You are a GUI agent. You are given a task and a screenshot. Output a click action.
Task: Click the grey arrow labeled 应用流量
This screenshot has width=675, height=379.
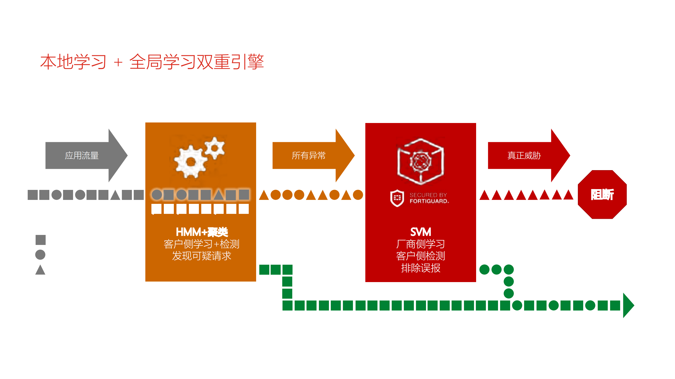(x=82, y=155)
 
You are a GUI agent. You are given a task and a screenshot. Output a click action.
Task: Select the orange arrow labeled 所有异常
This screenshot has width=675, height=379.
(x=309, y=155)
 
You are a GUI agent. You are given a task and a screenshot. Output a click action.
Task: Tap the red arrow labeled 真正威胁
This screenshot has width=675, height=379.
(x=524, y=155)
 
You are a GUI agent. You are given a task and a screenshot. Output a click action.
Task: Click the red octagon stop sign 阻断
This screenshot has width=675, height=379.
(x=602, y=195)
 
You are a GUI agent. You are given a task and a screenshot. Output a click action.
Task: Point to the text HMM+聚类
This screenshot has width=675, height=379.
(x=202, y=232)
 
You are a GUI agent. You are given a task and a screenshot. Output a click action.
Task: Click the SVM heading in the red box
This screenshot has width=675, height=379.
(x=421, y=232)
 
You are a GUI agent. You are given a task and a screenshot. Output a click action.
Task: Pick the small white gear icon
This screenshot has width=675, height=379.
(x=215, y=148)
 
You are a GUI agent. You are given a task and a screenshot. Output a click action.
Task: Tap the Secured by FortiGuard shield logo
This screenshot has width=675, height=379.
(x=397, y=198)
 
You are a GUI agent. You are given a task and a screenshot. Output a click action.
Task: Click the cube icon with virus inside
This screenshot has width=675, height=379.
(x=421, y=161)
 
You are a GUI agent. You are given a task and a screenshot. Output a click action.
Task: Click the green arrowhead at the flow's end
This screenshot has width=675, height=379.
(x=628, y=306)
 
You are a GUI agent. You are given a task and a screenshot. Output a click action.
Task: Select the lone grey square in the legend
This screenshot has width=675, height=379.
(x=41, y=240)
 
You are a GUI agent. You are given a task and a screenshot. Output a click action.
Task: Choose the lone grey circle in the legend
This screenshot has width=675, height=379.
(x=40, y=255)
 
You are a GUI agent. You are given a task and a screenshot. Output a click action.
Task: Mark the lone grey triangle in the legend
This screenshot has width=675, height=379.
(x=40, y=270)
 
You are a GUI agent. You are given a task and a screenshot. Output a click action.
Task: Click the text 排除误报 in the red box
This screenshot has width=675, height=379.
(x=421, y=268)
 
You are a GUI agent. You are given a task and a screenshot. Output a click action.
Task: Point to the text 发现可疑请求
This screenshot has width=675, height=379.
(x=202, y=256)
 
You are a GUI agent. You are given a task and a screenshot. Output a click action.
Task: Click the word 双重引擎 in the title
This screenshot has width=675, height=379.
(x=230, y=62)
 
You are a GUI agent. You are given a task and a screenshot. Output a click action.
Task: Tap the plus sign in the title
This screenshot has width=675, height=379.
(x=118, y=63)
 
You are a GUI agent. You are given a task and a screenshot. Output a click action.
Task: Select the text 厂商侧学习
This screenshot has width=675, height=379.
(x=421, y=244)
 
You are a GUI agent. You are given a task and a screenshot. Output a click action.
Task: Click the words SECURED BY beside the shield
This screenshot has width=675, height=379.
(x=428, y=195)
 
